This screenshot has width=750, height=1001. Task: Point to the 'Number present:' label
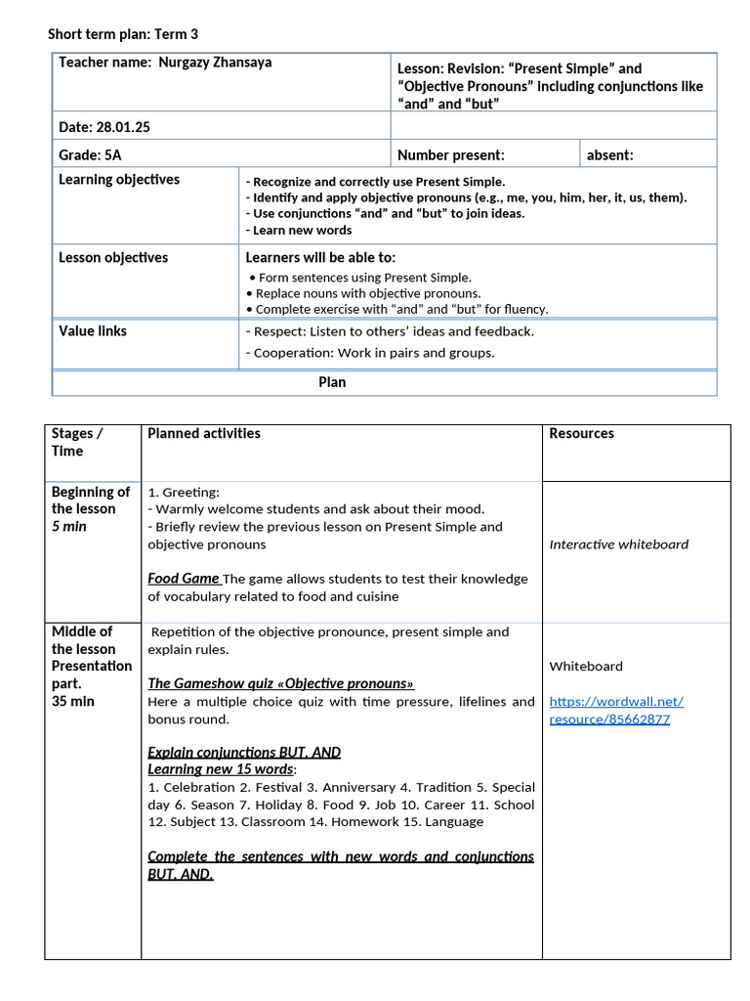pos(450,154)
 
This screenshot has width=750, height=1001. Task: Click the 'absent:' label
pos(609,154)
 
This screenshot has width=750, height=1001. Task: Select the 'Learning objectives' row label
pos(119,180)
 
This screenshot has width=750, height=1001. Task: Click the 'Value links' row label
pos(93,331)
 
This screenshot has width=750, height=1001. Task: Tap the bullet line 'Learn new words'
pos(299,231)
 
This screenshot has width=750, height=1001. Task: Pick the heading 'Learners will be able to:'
pos(320,258)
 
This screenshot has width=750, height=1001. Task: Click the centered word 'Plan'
pos(332,382)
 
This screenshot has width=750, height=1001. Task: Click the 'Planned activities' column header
pos(204,433)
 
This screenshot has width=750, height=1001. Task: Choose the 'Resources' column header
pos(581,433)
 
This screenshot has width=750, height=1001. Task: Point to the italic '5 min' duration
pos(68,526)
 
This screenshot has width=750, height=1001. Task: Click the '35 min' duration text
pos(73,701)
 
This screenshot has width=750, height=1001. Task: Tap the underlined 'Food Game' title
pos(184,579)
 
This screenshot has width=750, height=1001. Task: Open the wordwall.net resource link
pos(616,710)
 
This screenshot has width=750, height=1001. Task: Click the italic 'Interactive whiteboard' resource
pos(618,544)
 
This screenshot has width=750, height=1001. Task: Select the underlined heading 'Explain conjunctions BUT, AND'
pos(244,752)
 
